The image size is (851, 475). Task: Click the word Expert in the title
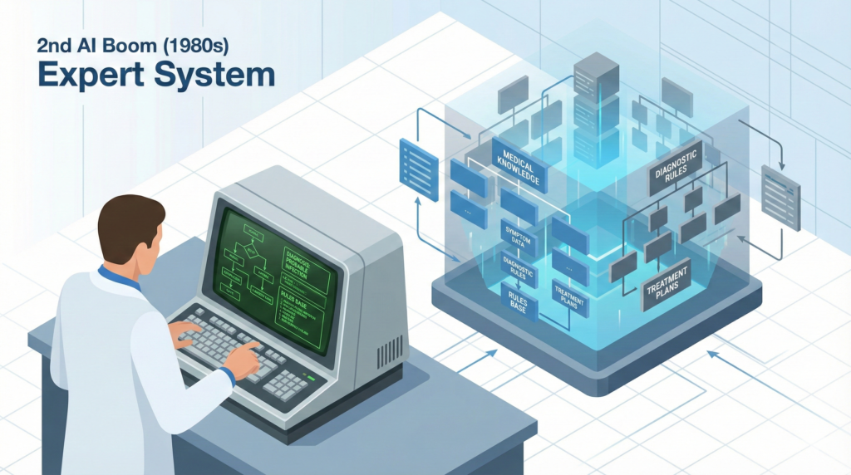[84, 75]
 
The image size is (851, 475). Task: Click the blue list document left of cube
[418, 169]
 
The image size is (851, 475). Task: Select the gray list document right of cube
[780, 196]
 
